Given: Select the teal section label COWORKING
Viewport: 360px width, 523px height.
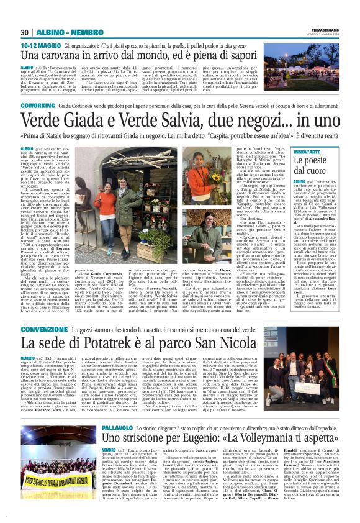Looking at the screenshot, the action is point(38,106).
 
